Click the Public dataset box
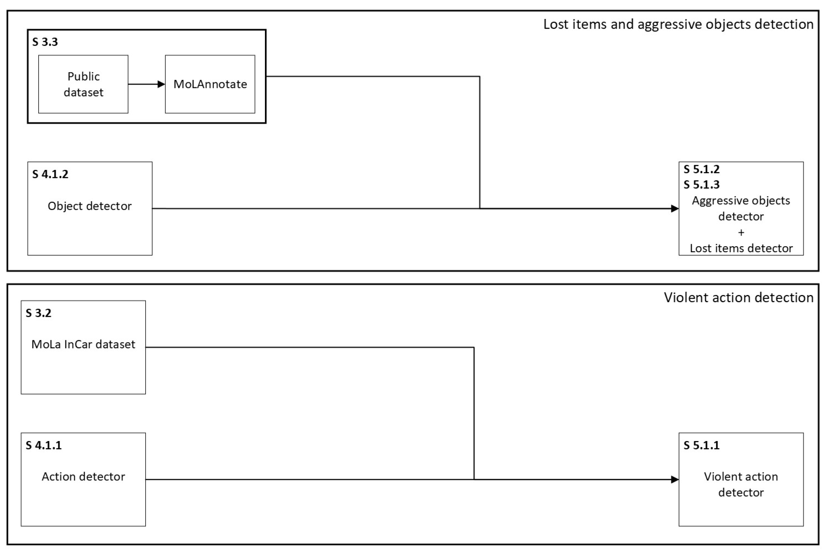[x=83, y=84]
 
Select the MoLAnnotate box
[x=210, y=84]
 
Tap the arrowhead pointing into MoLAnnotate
[x=161, y=84]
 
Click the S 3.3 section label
[x=45, y=42]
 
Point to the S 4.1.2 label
[x=50, y=174]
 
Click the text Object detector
[x=89, y=206]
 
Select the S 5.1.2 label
[x=701, y=170]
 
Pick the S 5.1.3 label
[x=701, y=185]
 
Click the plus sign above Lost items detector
[x=741, y=233]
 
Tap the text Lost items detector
[x=741, y=249]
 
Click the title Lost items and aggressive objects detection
[x=678, y=24]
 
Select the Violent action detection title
[x=738, y=297]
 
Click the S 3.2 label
[x=38, y=313]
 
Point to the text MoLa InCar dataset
[x=83, y=344]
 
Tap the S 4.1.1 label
[x=43, y=445]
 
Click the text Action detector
[x=83, y=477]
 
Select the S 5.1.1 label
[x=701, y=445]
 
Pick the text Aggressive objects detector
[x=741, y=209]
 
